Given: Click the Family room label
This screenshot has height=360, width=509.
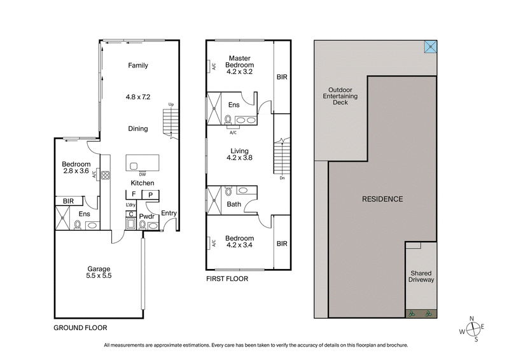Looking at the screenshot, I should point(138,66).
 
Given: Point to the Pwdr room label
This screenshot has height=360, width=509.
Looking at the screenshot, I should point(148,216).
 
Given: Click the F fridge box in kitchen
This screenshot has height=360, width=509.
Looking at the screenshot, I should point(134,195).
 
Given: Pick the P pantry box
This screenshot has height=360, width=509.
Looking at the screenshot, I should point(150,195).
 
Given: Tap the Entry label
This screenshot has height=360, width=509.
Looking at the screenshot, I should point(169,213).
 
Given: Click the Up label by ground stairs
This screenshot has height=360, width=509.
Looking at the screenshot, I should point(171,105).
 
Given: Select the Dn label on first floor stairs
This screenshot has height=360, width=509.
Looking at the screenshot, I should point(281,178).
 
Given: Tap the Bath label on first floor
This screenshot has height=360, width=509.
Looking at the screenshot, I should point(234,204).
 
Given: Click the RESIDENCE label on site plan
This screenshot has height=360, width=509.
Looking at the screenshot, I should point(382,199).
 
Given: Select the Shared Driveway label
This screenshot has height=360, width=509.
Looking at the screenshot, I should point(421,276).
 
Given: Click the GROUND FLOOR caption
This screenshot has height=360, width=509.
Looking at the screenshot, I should point(80,328).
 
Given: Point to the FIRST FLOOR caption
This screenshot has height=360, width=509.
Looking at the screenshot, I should point(227,279).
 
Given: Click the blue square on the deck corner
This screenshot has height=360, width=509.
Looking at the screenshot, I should point(431,46).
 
